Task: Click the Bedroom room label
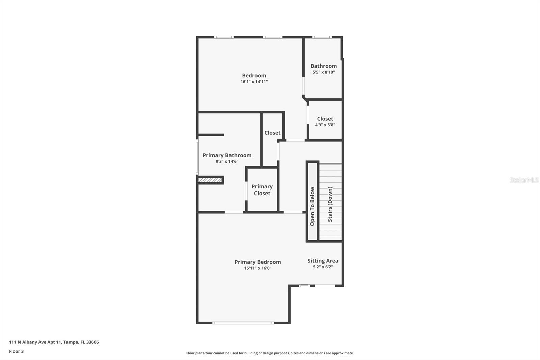254,76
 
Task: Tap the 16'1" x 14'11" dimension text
254,82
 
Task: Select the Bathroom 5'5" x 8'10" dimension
323,72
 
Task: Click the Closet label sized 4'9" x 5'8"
325,119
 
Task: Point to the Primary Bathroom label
227,155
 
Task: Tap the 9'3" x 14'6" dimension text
227,161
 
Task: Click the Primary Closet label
262,190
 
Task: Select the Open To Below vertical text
312,206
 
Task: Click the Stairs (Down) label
330,204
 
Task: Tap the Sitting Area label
323,261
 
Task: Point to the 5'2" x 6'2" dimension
323,267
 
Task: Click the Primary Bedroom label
258,262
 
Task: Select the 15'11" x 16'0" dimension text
258,268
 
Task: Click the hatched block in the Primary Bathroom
210,180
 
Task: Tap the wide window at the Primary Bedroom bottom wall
243,323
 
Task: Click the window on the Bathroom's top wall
322,37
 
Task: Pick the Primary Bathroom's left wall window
197,157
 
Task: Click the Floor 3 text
16,351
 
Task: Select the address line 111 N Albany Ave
54,342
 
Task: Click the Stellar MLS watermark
524,180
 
